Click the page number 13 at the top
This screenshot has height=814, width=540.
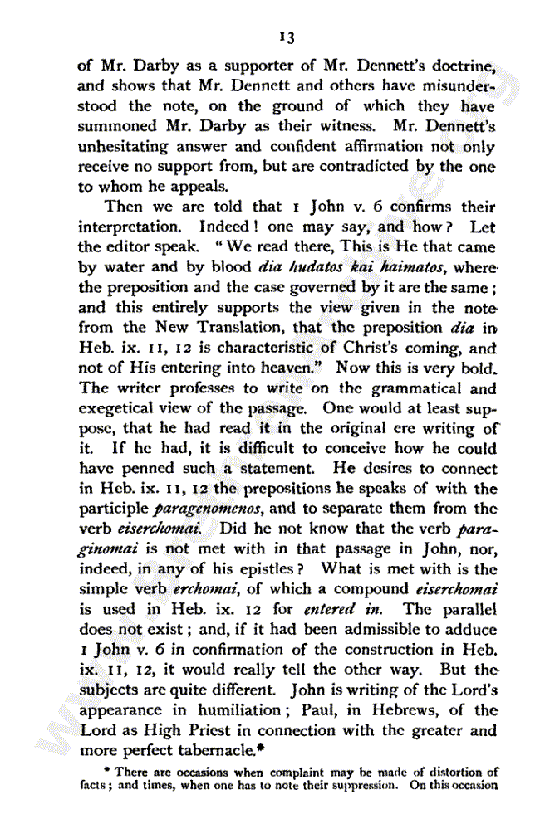tap(287, 37)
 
